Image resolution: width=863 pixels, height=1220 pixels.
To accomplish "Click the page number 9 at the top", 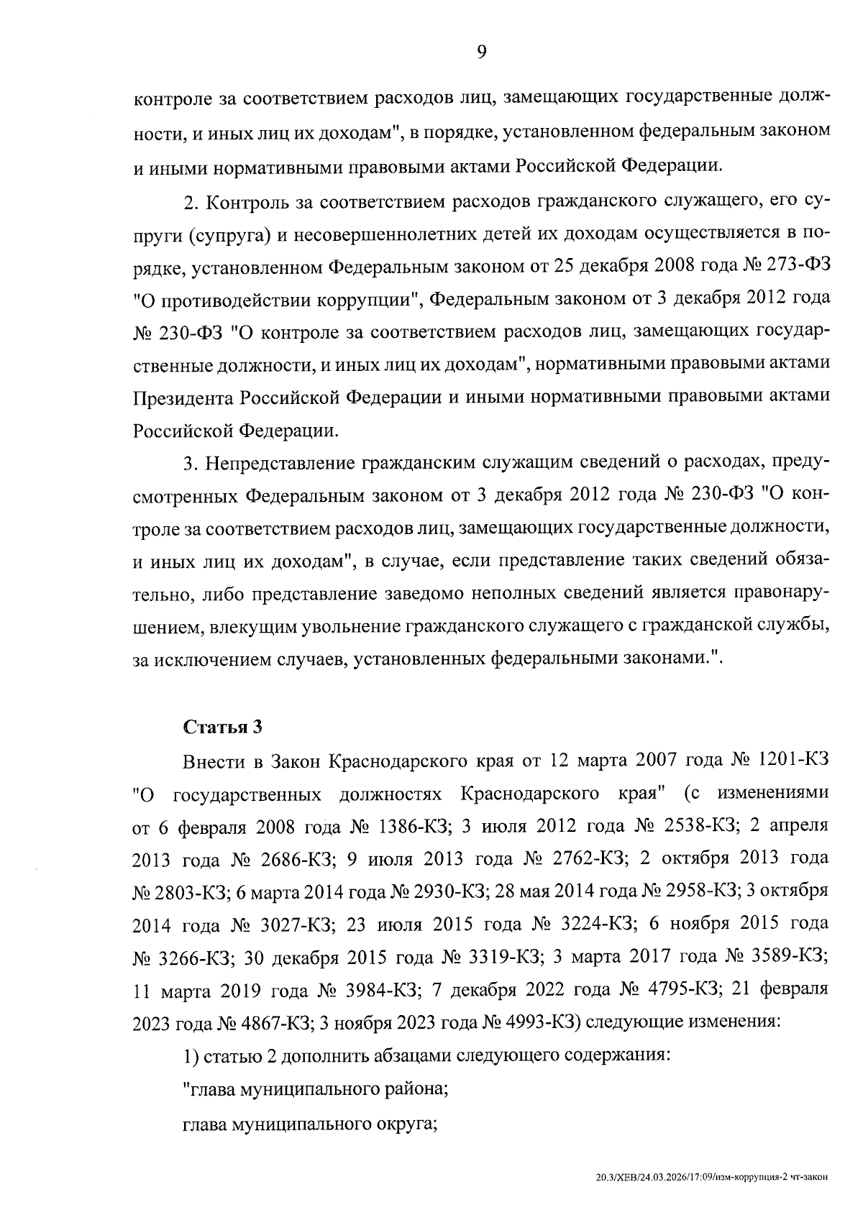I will click(x=481, y=51).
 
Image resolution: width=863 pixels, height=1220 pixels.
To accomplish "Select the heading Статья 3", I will click(x=223, y=727).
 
